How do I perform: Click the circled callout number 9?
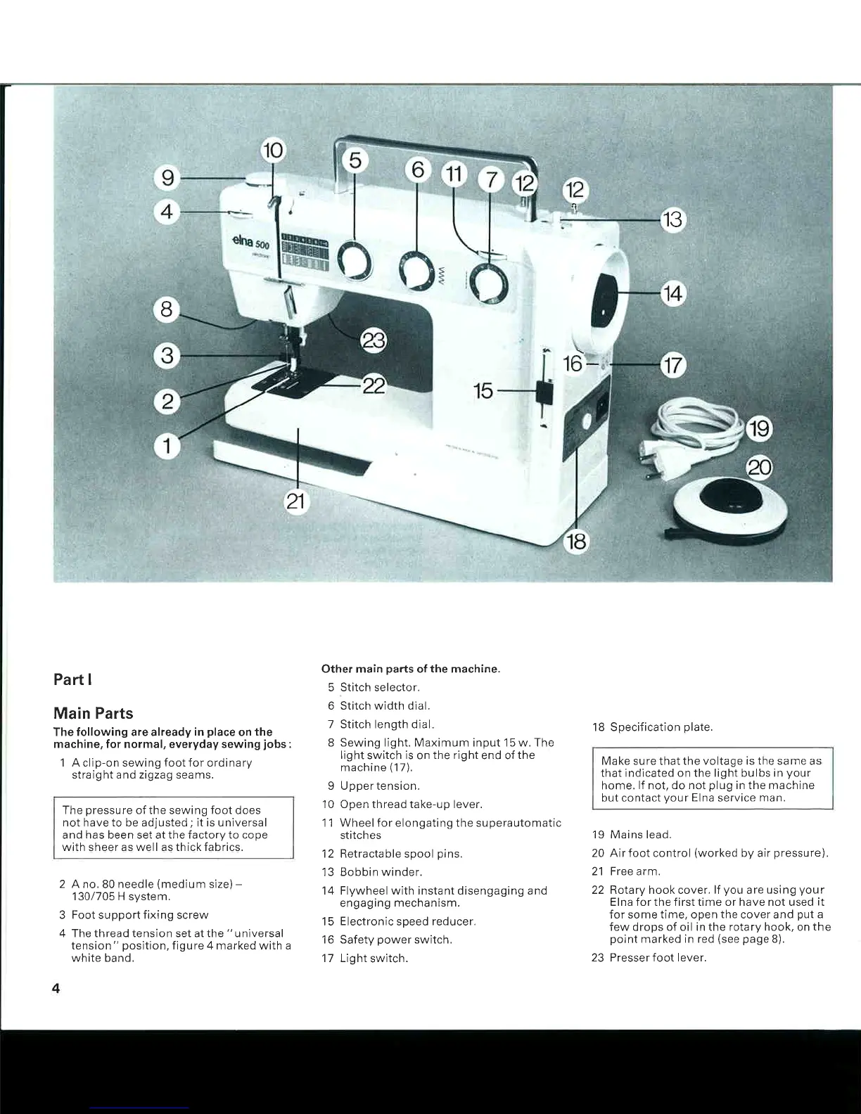coord(167,177)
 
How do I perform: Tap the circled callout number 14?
coord(672,292)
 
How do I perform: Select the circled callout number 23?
coord(374,342)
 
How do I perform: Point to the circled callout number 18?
coord(576,542)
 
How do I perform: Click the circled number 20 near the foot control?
coord(759,468)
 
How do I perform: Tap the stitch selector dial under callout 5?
coord(354,259)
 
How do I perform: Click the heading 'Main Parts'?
coord(93,713)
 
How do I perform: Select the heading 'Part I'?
coord(72,680)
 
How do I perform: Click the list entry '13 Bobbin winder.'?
coord(372,872)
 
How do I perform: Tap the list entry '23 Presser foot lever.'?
coord(649,958)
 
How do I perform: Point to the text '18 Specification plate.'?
coord(652,727)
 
